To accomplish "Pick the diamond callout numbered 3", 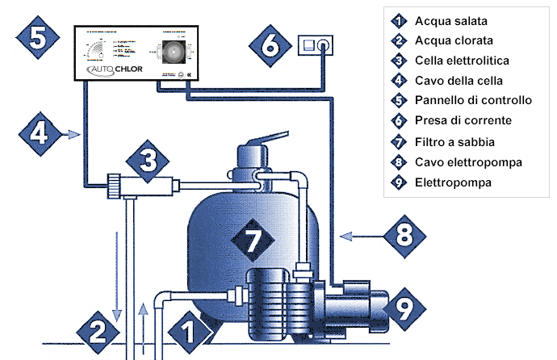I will click(x=146, y=160).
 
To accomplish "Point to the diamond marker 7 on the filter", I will click(x=249, y=238).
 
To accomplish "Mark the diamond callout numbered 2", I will click(x=97, y=330).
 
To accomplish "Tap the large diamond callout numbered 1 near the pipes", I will click(x=187, y=330).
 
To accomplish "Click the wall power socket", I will click(x=316, y=44).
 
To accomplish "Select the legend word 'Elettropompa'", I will click(x=452, y=183).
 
